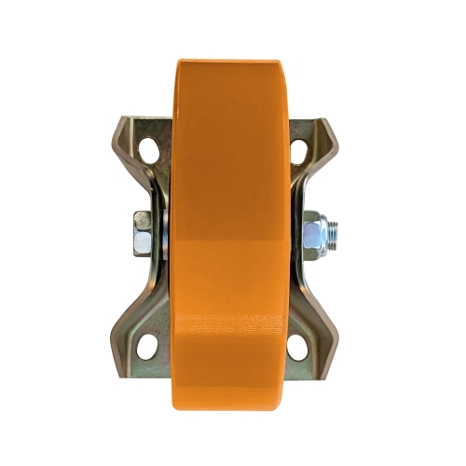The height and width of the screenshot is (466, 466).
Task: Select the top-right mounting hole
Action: (299, 148)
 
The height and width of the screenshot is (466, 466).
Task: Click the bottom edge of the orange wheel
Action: (233, 409)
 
